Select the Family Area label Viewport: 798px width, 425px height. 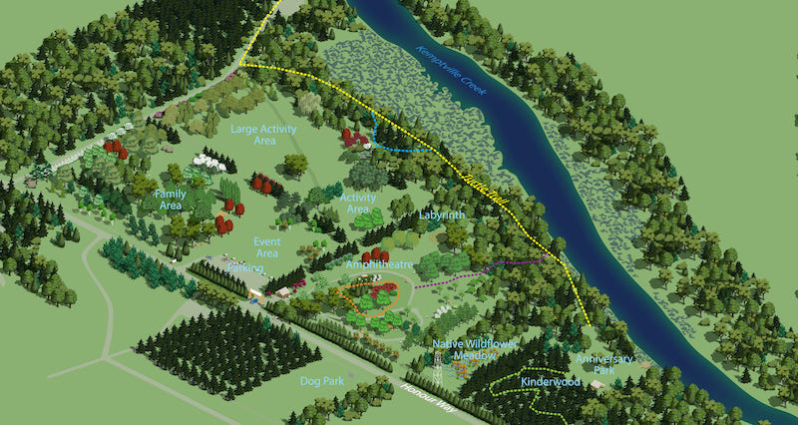pyautogui.click(x=171, y=200)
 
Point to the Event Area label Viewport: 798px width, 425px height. pyautogui.click(x=266, y=247)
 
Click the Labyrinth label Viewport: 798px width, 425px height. pyautogui.click(x=441, y=214)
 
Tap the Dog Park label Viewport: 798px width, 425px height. pyautogui.click(x=321, y=380)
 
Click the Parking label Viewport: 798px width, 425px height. pyautogui.click(x=246, y=267)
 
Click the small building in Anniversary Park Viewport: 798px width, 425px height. pyautogui.click(x=596, y=383)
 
